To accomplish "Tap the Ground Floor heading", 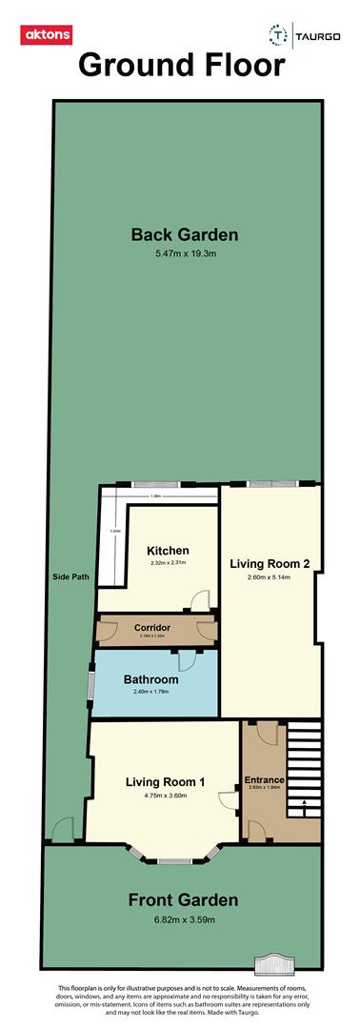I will coord(181,66).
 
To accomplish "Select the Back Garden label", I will coord(185,235).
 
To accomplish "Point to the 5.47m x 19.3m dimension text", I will coord(185,255).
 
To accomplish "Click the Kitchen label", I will coord(168,551).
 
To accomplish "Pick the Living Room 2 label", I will coord(270,563).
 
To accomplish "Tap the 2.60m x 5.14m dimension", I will coord(270,578).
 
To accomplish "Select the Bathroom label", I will coord(151,679).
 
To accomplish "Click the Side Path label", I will coord(71,577).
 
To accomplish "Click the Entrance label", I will coord(265,780).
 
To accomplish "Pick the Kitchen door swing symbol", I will coord(200,600).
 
